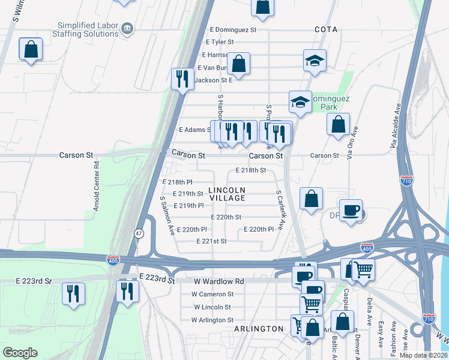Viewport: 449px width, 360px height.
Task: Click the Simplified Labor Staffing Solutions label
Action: coord(88,29)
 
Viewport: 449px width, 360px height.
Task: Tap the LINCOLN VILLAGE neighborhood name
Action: coord(227,194)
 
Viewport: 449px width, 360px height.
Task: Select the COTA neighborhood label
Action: coord(325,29)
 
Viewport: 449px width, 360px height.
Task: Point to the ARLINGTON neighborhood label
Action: coord(258,329)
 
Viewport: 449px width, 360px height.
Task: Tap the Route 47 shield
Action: coord(139,233)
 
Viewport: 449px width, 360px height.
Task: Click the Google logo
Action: coord(20,352)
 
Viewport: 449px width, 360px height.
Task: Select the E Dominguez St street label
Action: coord(233,29)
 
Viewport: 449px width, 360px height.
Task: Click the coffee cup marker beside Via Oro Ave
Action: coord(351,211)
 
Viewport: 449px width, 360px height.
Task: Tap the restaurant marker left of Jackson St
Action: coord(182,78)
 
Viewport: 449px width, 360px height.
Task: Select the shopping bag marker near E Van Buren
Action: coord(238,64)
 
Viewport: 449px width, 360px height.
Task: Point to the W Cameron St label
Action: coord(212,294)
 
